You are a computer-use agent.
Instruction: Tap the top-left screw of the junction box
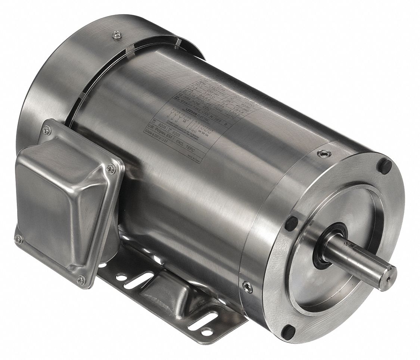point(47,130)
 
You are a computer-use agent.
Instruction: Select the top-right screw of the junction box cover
point(111,168)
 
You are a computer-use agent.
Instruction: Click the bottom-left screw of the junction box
point(18,239)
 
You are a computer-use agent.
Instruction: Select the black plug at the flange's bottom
point(288,329)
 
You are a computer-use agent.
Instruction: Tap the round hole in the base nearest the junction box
point(121,277)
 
